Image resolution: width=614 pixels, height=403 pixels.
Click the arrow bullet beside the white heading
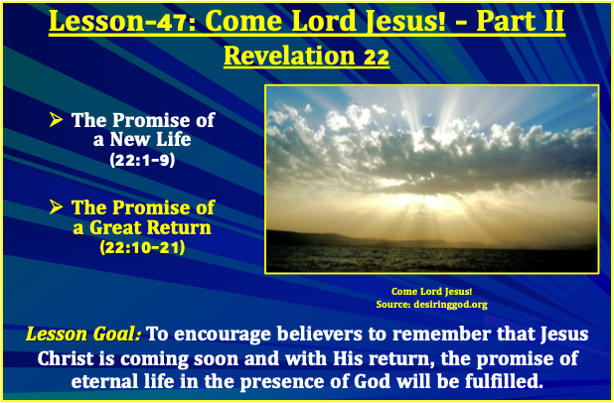[x=58, y=121]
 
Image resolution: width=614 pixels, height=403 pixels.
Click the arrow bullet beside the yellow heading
[x=58, y=208]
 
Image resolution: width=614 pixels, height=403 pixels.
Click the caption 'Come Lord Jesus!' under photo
[x=431, y=291]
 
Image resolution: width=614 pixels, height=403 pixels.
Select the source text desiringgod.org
[x=453, y=303]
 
